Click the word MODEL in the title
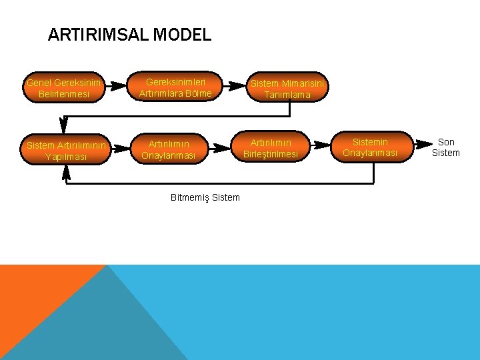(183, 35)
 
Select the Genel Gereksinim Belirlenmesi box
(64, 89)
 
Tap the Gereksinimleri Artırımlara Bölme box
(175, 88)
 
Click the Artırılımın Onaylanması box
(169, 150)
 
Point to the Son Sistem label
(446, 147)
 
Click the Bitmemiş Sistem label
(205, 198)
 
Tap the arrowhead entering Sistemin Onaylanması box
(323, 143)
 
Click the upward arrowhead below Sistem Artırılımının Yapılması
(65, 173)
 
